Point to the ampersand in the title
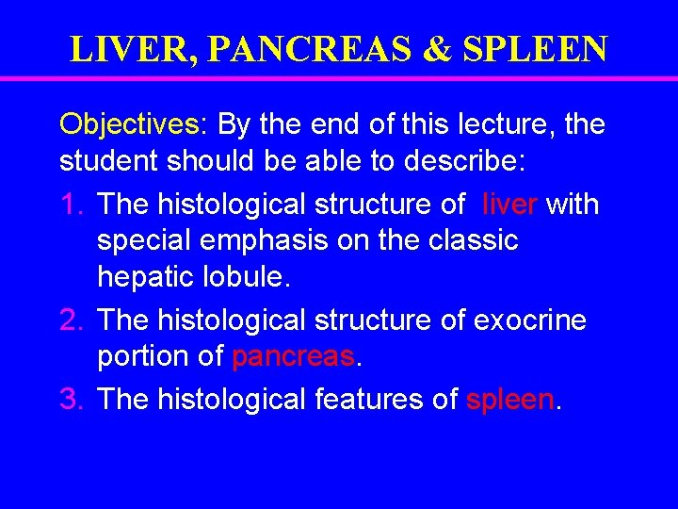pyautogui.click(x=436, y=49)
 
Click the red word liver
pyautogui.click(x=509, y=203)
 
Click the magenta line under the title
pyautogui.click(x=339, y=79)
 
